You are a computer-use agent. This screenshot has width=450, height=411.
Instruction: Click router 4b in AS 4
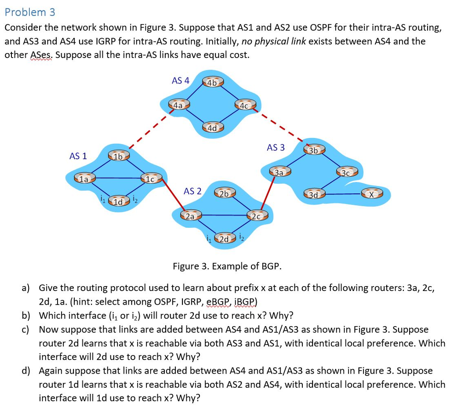[212, 83]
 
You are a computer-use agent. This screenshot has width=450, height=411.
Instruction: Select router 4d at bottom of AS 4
[213, 128]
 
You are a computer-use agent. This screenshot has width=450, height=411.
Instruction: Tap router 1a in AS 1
[84, 179]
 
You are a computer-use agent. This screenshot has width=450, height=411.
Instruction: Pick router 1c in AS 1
[151, 179]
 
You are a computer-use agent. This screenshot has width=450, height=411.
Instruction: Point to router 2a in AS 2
[191, 216]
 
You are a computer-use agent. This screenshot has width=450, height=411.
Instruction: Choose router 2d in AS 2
[225, 239]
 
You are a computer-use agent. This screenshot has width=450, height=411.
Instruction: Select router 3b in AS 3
[314, 150]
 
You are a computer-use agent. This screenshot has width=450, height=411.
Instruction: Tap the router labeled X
[372, 193]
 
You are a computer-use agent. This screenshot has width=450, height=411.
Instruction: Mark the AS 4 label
[180, 80]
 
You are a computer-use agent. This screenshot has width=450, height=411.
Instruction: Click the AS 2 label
[192, 191]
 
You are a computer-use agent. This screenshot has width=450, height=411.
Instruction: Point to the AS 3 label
[276, 148]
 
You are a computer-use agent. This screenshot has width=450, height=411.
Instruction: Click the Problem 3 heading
[30, 12]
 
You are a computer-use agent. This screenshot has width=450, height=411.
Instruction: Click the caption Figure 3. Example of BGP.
[227, 266]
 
